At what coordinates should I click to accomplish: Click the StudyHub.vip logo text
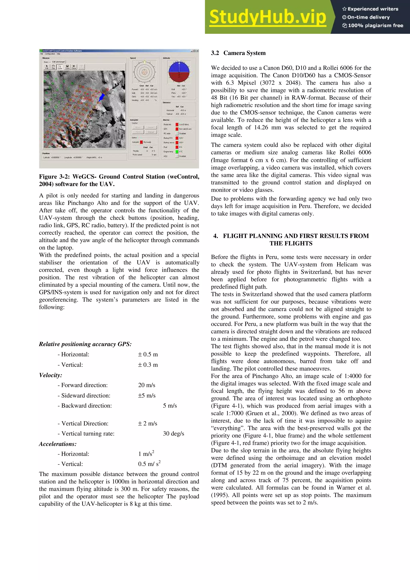pos(267,17)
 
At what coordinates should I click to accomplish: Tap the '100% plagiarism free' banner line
pos(373,25)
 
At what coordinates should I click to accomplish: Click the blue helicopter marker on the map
pos(101,97)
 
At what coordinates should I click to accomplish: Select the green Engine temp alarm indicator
pos(177,152)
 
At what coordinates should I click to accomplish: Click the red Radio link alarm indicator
pos(177,124)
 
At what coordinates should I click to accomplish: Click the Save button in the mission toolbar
pos(67,67)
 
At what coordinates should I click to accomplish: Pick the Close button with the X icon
pos(74,67)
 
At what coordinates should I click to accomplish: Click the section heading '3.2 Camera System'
pos(238,53)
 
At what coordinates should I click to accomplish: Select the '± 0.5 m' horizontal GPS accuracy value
pos(148,354)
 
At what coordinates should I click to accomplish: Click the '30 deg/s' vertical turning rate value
pos(173,433)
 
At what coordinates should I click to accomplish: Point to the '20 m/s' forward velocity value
pos(147,385)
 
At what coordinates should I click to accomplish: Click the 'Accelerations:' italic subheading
pos(58,444)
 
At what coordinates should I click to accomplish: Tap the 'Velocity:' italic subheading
pos(50,375)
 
